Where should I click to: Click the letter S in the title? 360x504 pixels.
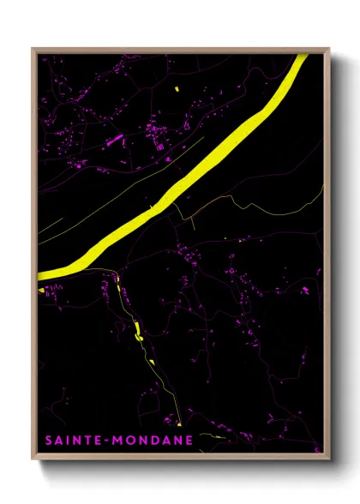pyautogui.click(x=48, y=440)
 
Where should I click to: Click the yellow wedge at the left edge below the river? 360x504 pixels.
pyautogui.click(x=40, y=289)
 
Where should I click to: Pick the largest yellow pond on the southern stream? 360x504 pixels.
pyautogui.click(x=136, y=330)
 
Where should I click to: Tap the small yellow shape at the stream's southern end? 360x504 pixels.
pyautogui.click(x=180, y=423)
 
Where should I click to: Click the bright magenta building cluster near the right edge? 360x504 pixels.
pyautogui.click(x=304, y=291)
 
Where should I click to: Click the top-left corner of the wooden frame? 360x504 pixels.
pyautogui.click(x=33, y=49)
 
